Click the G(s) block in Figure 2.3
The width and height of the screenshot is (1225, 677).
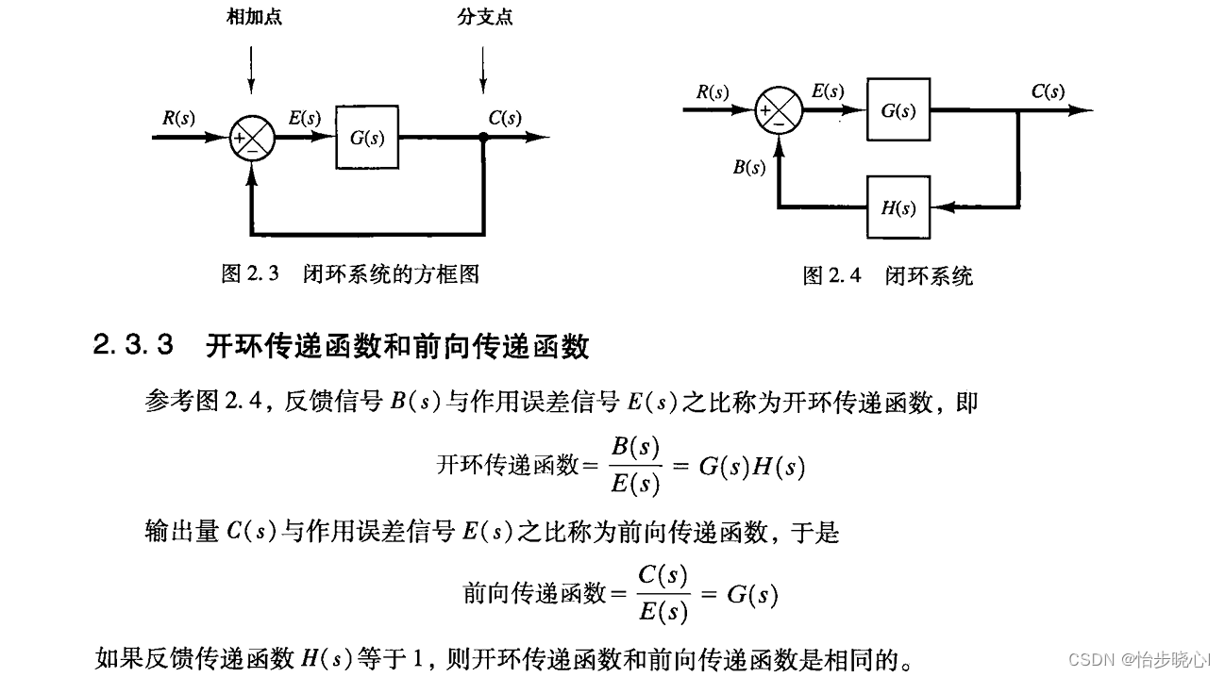(x=367, y=138)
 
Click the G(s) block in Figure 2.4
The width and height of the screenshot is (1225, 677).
(x=898, y=110)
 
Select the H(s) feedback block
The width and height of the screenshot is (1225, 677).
(x=898, y=208)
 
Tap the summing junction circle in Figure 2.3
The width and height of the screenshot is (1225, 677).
(x=252, y=138)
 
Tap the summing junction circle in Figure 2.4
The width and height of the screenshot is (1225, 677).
(x=780, y=110)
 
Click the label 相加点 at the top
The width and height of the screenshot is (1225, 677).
(x=251, y=16)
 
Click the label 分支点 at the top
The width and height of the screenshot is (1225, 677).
(x=483, y=16)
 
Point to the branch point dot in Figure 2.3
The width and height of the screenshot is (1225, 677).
(x=483, y=138)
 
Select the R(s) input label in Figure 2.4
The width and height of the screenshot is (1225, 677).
(x=713, y=91)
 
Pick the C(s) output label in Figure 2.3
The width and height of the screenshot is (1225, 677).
(x=505, y=119)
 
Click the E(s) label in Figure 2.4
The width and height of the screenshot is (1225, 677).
(x=828, y=91)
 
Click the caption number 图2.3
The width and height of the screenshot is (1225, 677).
(x=250, y=274)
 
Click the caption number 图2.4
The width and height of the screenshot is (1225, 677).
(x=831, y=276)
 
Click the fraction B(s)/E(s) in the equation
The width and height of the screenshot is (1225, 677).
(x=635, y=465)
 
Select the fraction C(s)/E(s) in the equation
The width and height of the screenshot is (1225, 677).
(x=662, y=594)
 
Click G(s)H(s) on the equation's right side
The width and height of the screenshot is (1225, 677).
(x=751, y=467)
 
